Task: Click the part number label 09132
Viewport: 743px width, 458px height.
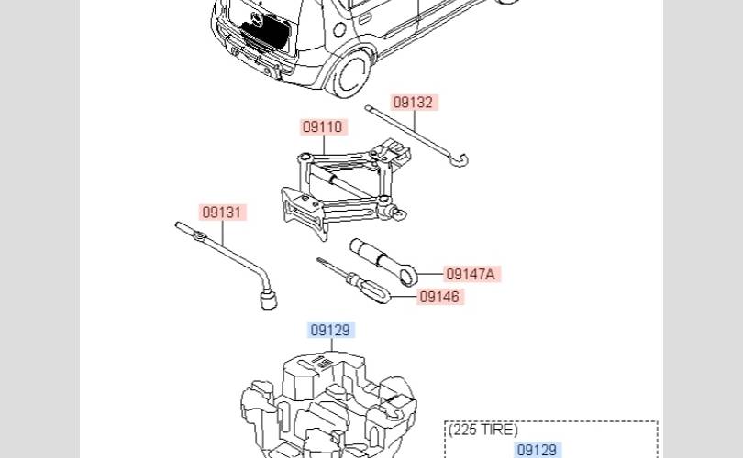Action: [x=413, y=103]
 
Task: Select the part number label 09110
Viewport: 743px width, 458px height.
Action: [x=323, y=126]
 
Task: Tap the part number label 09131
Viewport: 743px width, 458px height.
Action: [x=222, y=212]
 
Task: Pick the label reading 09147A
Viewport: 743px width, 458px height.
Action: [x=471, y=274]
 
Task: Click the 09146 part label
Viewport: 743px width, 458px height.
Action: [x=439, y=297]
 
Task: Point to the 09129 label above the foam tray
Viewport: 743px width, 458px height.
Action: [x=331, y=330]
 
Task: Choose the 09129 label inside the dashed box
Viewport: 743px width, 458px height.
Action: [x=537, y=450]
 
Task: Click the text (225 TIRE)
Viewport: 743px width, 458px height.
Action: [x=483, y=430]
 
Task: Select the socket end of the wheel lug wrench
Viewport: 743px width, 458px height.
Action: [x=268, y=300]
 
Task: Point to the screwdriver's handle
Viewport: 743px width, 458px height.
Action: [x=373, y=289]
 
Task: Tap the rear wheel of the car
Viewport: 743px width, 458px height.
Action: [x=350, y=73]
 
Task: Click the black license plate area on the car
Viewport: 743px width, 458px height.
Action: [x=266, y=31]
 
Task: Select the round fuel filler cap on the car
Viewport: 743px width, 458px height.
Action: [x=339, y=30]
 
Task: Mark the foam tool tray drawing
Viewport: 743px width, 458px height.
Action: [x=329, y=405]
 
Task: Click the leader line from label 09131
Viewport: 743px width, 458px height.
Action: [x=222, y=233]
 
